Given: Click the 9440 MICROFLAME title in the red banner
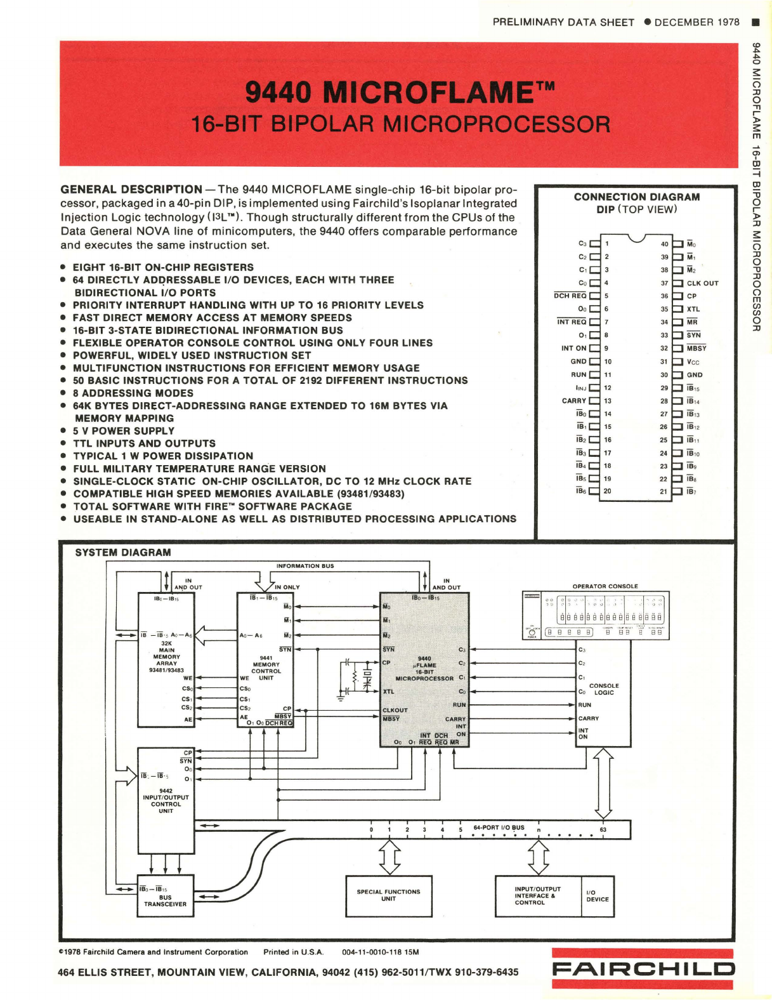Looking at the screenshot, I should [400, 93].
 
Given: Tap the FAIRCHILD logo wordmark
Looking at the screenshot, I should [643, 969].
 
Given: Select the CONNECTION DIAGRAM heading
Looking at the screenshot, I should [636, 197].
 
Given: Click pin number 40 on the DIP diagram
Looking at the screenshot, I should [664, 244].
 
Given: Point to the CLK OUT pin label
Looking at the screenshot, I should [702, 284].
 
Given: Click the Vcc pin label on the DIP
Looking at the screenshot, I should [693, 362].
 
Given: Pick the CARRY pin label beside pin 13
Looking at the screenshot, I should [574, 401].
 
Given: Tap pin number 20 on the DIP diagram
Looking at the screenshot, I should [607, 491].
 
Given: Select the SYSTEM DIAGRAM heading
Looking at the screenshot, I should [123, 553].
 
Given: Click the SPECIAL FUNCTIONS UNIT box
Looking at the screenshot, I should [388, 895].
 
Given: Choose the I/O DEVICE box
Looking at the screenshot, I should [598, 896].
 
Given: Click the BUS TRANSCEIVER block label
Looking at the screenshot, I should [165, 900].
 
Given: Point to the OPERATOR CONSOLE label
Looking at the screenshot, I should [605, 586].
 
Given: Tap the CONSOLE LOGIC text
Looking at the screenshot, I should [603, 689].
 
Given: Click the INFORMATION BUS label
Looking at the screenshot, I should [304, 566].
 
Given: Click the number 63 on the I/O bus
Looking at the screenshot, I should [603, 829].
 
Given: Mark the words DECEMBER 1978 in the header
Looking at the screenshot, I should [697, 22].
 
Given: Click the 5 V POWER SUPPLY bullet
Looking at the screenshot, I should [123, 431].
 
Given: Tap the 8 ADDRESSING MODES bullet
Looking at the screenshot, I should [133, 393].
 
